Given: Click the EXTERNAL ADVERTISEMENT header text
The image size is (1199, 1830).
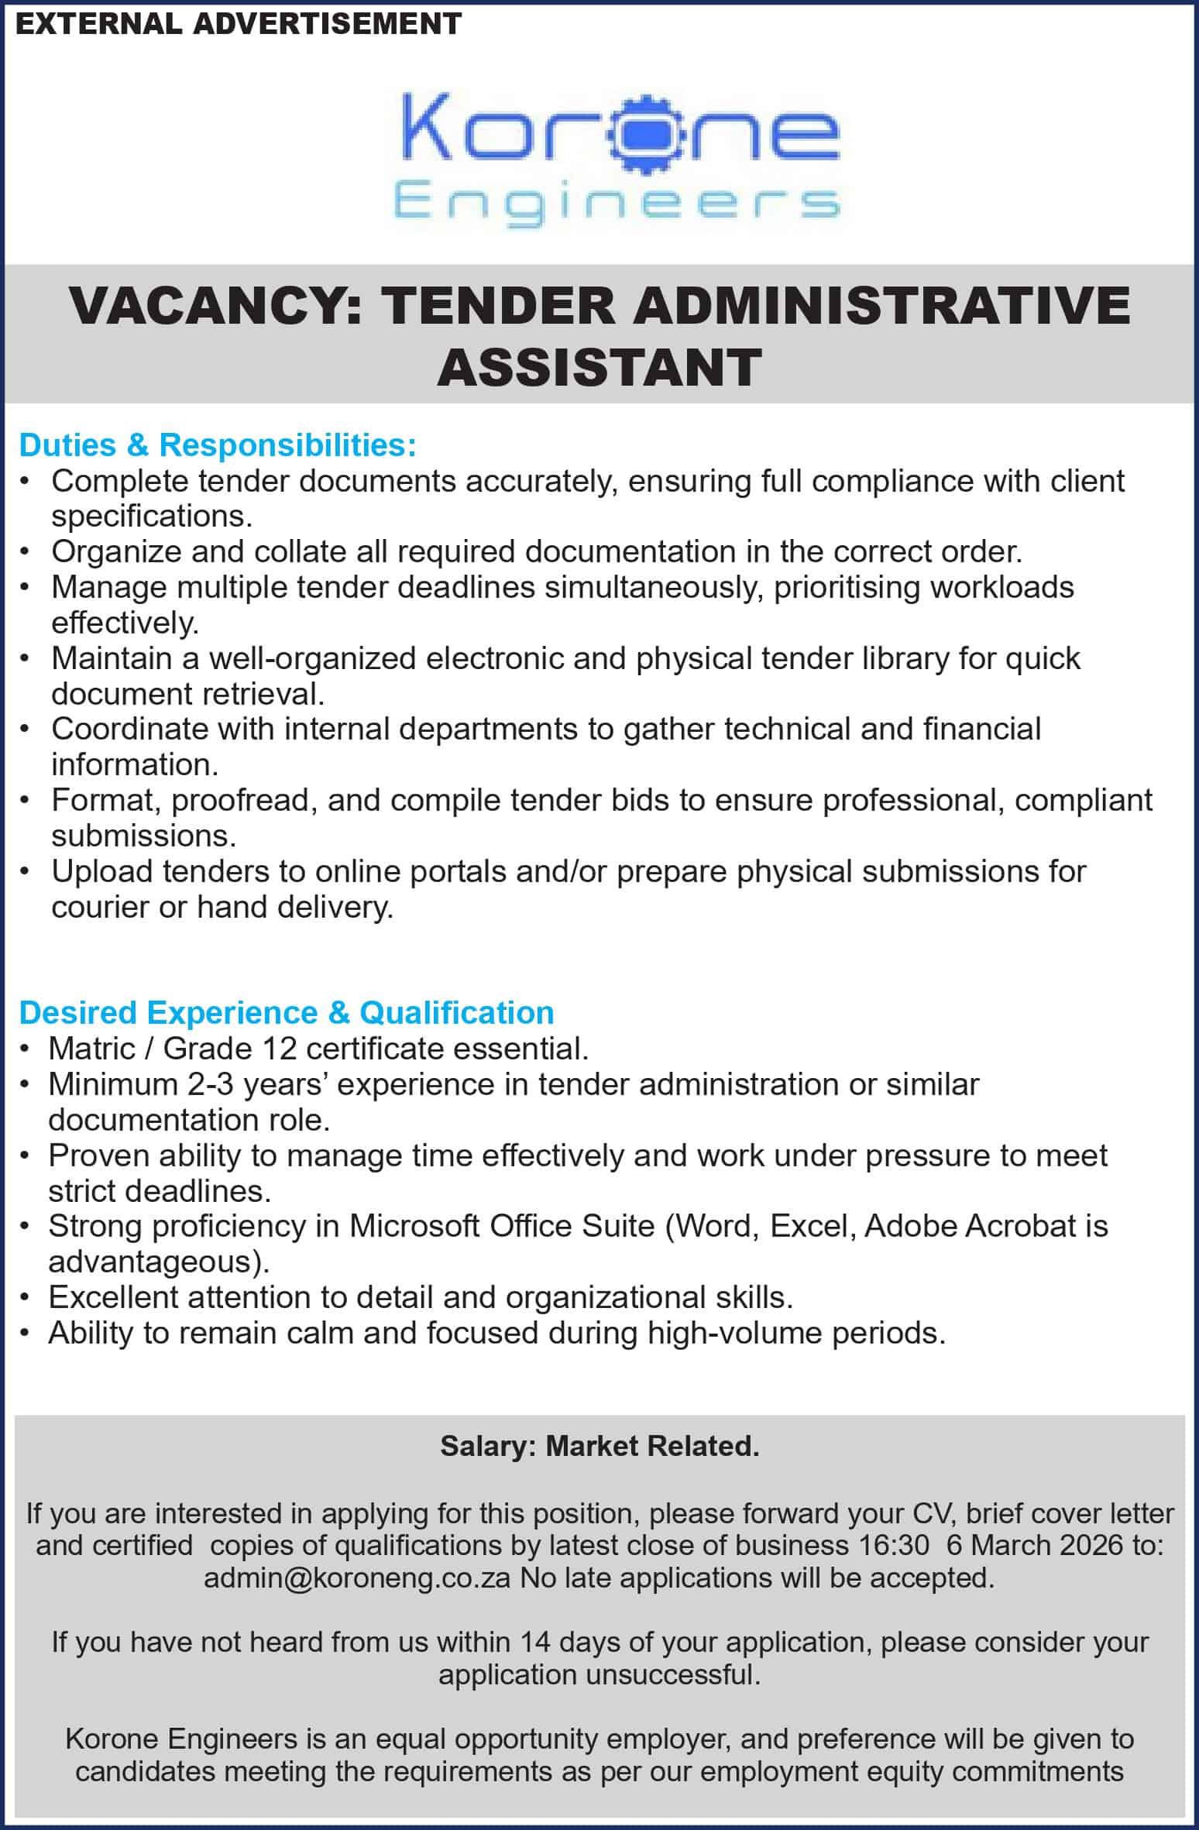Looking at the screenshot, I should point(239,24).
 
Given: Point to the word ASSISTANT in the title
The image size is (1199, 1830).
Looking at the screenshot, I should point(599,367).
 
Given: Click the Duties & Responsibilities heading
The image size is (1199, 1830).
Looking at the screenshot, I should point(218,445).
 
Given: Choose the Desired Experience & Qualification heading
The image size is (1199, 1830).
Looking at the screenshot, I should point(287,1013).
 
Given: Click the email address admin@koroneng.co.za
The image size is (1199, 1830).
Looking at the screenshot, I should point(357,1578).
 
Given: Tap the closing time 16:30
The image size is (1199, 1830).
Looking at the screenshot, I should point(894,1545).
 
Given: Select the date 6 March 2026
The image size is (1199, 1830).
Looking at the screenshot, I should point(1035,1545).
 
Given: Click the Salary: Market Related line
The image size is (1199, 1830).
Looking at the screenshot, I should point(599,1446).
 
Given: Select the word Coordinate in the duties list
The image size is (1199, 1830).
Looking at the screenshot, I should point(129,729).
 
